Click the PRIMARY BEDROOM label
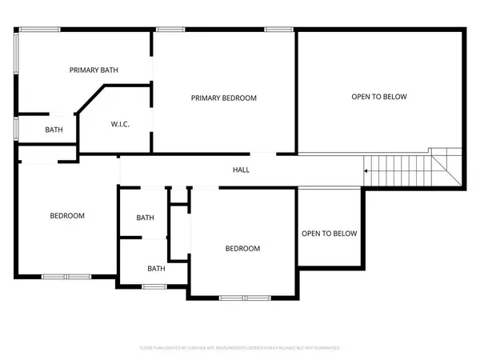tap(223, 98)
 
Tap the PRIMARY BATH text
tap(94, 70)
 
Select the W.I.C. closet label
tap(120, 124)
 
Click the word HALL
tap(241, 170)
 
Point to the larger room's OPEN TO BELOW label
tap(379, 97)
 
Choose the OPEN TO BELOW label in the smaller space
tap(329, 234)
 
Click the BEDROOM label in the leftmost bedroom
tap(67, 215)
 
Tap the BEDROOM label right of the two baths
tap(242, 249)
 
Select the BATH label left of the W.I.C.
tap(54, 130)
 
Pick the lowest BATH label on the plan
tap(156, 269)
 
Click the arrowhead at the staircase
tap(366, 170)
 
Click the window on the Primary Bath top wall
tap(39, 30)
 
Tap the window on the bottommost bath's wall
tap(155, 286)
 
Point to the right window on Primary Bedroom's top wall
tap(278, 30)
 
